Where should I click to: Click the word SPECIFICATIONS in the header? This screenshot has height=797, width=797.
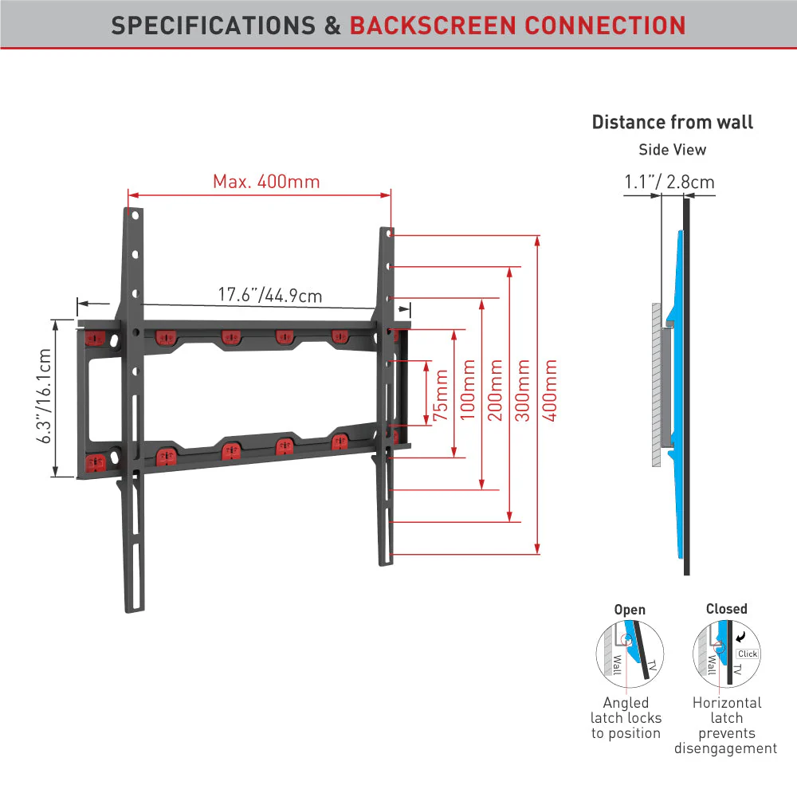click(214, 26)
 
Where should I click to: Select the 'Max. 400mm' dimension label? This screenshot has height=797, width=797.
click(266, 182)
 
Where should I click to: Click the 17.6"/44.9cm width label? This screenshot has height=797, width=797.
click(270, 295)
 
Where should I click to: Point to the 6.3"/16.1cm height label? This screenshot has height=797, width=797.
click(44, 396)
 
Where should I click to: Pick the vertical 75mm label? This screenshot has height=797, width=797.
click(441, 395)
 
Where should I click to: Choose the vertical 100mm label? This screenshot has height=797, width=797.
click(468, 391)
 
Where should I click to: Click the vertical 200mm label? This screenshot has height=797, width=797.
click(495, 391)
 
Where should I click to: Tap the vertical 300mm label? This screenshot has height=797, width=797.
click(523, 391)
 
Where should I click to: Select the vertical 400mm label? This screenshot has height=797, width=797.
click(549, 391)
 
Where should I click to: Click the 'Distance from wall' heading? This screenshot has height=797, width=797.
click(673, 122)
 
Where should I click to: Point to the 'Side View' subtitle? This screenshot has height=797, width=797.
click(673, 150)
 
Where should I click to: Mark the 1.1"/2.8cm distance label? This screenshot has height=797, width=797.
click(669, 182)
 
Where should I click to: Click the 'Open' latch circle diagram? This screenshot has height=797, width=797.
click(630, 654)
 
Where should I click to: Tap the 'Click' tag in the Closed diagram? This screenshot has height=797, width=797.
click(748, 654)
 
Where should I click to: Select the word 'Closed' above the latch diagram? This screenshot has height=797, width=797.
click(727, 608)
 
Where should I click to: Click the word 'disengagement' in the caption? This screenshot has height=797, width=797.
click(726, 748)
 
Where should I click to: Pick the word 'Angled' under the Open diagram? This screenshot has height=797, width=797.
click(626, 703)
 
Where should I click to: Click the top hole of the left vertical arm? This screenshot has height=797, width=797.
click(135, 215)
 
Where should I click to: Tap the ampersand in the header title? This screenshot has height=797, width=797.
click(332, 26)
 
